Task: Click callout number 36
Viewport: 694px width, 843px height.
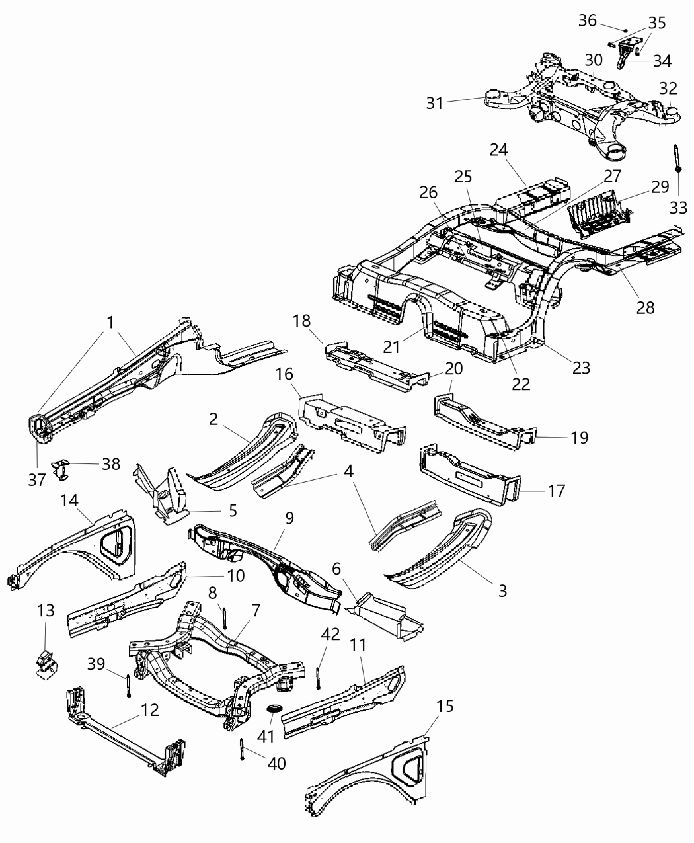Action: click(588, 20)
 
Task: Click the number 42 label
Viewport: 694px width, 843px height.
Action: click(330, 634)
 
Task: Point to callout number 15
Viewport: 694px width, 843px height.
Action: click(445, 706)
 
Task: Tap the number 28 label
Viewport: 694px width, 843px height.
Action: click(645, 307)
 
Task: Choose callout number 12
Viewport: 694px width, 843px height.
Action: click(149, 710)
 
